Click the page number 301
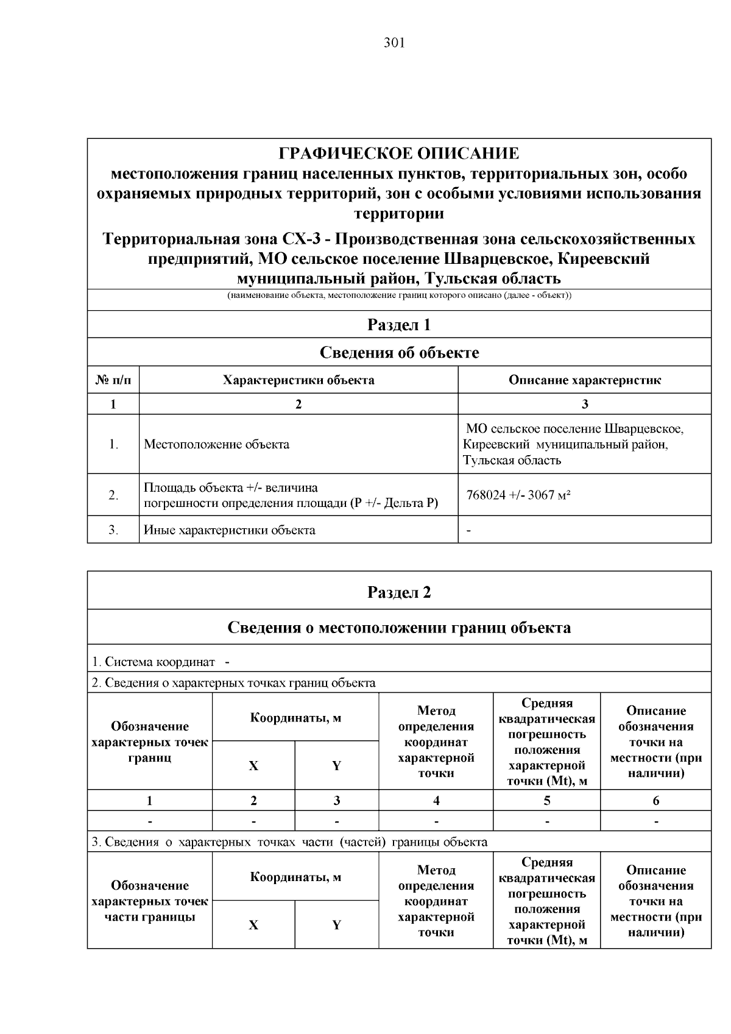pyautogui.click(x=394, y=43)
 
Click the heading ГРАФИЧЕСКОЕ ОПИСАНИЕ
pyautogui.click(x=399, y=153)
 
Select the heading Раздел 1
pyautogui.click(x=399, y=325)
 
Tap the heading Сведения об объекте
pyautogui.click(x=399, y=353)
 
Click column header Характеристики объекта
pyautogui.click(x=298, y=380)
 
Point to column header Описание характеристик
pyautogui.click(x=585, y=380)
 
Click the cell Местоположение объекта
pyautogui.click(x=216, y=444)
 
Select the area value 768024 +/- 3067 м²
pyautogui.click(x=518, y=495)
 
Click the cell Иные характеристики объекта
pyautogui.click(x=229, y=530)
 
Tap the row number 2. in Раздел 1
pyautogui.click(x=113, y=495)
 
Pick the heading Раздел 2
pyautogui.click(x=399, y=592)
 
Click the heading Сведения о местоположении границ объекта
pyautogui.click(x=399, y=628)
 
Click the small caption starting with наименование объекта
pyautogui.click(x=399, y=296)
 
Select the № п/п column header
pyautogui.click(x=113, y=380)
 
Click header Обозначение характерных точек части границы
pyautogui.click(x=150, y=901)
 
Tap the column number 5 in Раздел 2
pyautogui.click(x=547, y=801)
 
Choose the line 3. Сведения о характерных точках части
pyautogui.click(x=289, y=842)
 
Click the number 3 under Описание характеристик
pyautogui.click(x=585, y=404)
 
